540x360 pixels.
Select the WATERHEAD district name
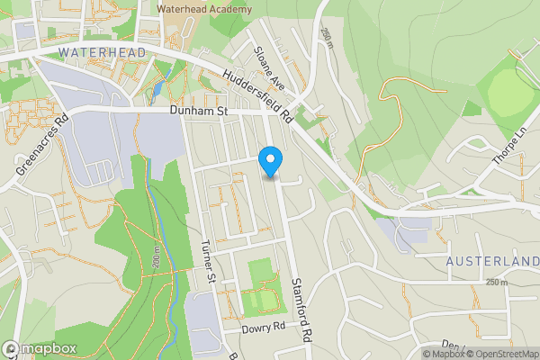pyautogui.click(x=102, y=53)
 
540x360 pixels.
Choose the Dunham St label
pyautogui.click(x=200, y=111)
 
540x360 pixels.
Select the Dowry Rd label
pyautogui.click(x=263, y=329)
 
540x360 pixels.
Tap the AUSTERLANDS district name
pyautogui.click(x=493, y=261)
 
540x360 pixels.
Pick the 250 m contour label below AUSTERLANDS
pyautogui.click(x=496, y=283)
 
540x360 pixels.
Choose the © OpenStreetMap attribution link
pyautogui.click(x=496, y=354)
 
